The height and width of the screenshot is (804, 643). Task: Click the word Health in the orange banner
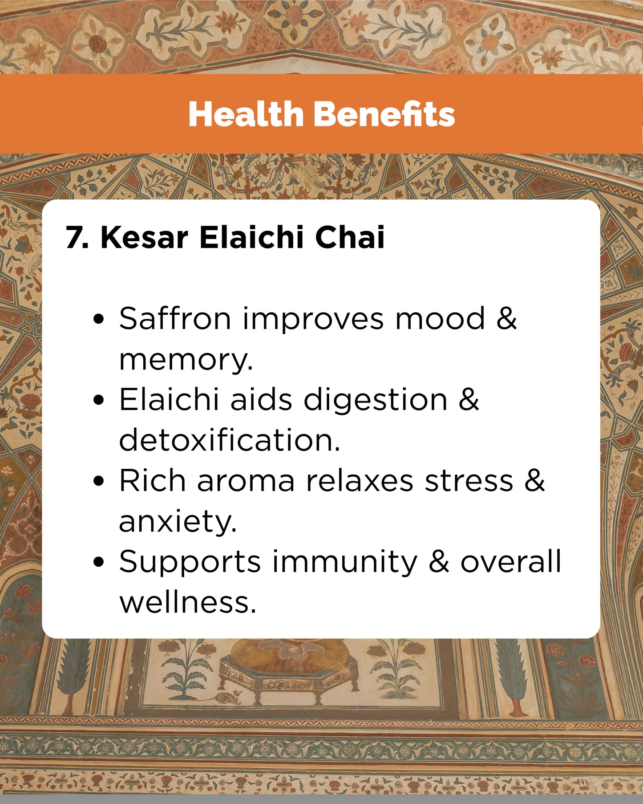coord(246,114)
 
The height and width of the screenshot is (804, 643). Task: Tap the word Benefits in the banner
coord(384,114)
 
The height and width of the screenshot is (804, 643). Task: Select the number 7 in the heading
coord(74,237)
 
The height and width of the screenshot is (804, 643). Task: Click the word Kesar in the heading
coord(144,237)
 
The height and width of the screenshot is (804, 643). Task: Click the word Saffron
coord(175,318)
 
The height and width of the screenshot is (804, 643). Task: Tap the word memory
coord(186,360)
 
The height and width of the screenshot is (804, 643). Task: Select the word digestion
coord(376,400)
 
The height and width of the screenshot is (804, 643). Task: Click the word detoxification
coord(230,440)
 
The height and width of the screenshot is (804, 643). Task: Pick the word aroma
coord(246,481)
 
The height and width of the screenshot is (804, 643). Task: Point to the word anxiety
coord(178,521)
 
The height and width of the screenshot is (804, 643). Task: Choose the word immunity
coord(345,562)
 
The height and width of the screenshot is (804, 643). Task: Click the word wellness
coord(188,602)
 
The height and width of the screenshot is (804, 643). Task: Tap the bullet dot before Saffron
coord(99,319)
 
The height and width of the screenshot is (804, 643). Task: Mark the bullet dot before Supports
coord(99,562)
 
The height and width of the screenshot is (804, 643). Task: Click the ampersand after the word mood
coord(507,318)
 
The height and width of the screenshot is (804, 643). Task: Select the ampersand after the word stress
coord(534,480)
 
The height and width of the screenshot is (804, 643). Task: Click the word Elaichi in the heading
coord(251,237)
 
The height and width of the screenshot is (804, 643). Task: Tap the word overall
coord(511,561)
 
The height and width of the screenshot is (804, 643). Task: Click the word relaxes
coord(360,481)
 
